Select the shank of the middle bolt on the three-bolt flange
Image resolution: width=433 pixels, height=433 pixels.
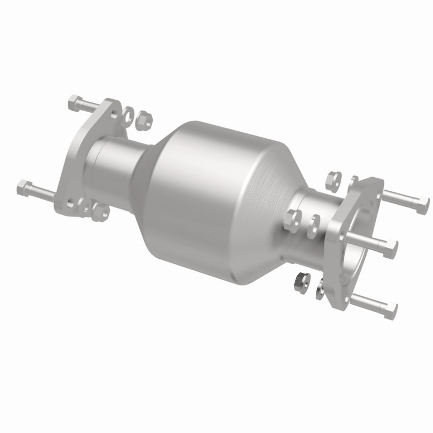(x=367, y=238)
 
